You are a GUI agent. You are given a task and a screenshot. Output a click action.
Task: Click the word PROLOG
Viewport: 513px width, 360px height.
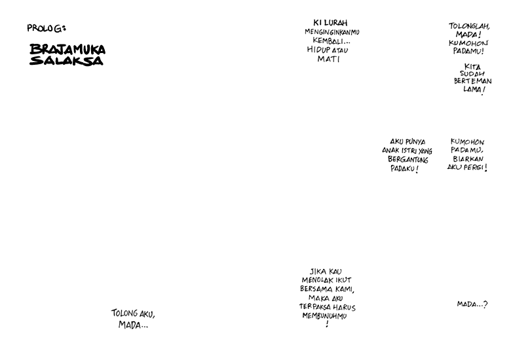(x=45, y=28)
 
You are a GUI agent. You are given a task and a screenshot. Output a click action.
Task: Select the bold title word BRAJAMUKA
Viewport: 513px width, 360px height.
(x=67, y=49)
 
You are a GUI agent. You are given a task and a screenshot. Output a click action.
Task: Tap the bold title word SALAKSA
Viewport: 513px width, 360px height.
(x=66, y=60)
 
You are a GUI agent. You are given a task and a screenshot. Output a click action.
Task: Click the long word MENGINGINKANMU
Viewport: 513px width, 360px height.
(x=332, y=32)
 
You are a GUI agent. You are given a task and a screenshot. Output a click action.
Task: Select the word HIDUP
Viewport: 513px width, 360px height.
(x=318, y=50)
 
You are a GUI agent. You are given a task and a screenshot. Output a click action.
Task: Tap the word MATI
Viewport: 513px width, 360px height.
(x=328, y=59)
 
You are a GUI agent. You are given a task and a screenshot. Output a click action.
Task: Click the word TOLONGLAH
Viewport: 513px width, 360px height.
(x=469, y=26)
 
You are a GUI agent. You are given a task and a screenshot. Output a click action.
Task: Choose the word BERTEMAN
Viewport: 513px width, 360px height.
(x=473, y=81)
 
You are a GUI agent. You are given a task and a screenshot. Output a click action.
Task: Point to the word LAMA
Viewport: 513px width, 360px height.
(x=472, y=89)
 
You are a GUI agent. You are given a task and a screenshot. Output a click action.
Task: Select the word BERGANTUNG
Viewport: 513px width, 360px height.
(x=408, y=160)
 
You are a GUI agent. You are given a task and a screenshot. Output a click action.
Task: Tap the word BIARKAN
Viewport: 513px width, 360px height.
(x=468, y=159)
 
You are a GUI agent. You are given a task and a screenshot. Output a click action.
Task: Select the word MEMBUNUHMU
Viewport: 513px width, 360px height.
(x=324, y=316)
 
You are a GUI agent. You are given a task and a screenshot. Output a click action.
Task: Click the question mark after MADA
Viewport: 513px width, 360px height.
(x=485, y=304)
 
